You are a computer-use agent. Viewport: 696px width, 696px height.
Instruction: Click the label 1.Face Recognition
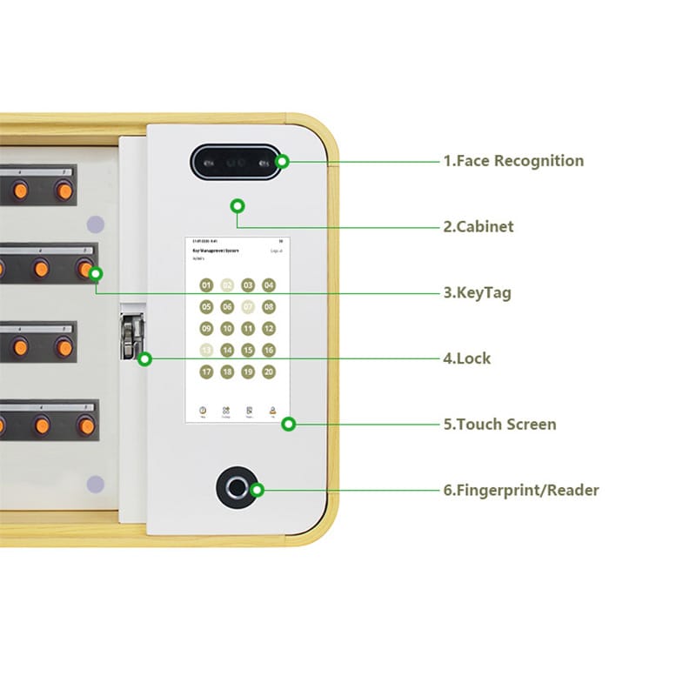(513, 161)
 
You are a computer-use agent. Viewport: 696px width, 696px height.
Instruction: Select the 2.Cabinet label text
(478, 227)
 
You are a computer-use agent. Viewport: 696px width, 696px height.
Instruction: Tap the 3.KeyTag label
(478, 293)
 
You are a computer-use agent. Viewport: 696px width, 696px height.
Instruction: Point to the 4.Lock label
(467, 358)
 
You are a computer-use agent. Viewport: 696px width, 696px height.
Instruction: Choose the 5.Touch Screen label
(499, 425)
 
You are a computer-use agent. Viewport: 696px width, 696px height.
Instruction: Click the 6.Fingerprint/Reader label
(521, 491)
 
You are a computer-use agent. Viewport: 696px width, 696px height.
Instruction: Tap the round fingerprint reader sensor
(237, 487)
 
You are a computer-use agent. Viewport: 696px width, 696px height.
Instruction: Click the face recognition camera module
(236, 162)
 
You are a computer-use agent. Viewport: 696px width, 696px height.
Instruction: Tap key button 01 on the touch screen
(206, 285)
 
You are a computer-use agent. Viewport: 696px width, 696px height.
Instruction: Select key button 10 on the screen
(227, 329)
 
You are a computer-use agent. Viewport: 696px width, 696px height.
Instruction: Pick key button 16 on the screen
(269, 351)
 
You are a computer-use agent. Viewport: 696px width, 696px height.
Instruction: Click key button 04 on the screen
(269, 285)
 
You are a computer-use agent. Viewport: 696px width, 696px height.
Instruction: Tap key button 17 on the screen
(206, 372)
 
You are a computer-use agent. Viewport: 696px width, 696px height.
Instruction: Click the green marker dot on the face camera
(282, 162)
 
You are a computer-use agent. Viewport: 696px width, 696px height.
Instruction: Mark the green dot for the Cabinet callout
(237, 206)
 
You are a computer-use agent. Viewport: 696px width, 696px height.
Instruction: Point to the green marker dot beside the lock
(145, 358)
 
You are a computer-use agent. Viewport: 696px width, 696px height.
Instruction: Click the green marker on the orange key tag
(96, 274)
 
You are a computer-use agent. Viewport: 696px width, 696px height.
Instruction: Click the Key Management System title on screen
(215, 250)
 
